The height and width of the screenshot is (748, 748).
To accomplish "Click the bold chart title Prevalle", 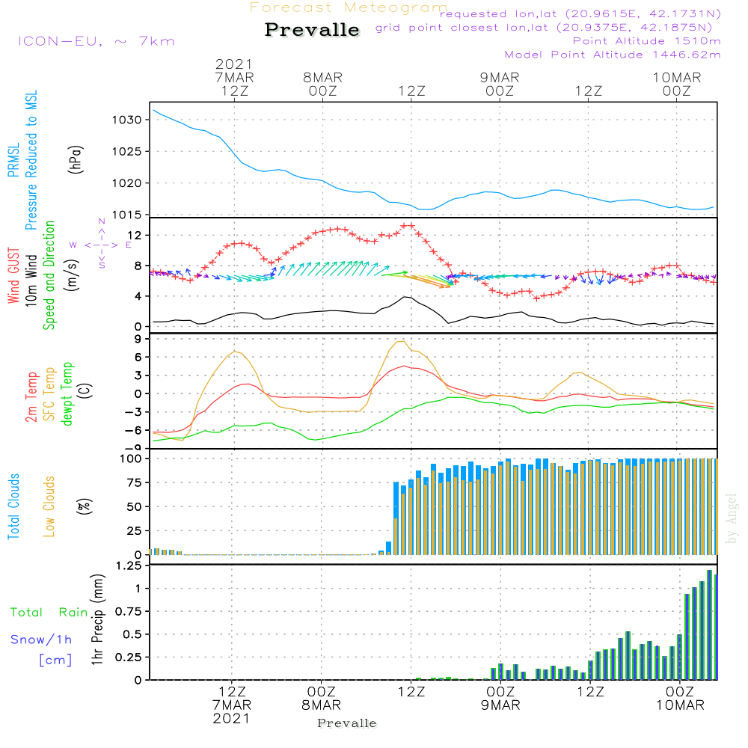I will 312,31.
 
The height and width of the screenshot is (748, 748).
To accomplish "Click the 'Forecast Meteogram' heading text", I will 349,7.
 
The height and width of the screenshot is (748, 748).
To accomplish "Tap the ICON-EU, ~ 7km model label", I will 96,41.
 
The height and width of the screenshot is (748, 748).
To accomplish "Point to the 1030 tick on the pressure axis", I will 126,120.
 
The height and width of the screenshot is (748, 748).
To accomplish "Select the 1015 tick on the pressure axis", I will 126,215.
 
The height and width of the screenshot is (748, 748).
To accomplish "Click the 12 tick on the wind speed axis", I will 135,236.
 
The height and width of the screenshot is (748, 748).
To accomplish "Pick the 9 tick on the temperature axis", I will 138,339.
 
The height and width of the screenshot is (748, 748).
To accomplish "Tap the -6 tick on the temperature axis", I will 135,430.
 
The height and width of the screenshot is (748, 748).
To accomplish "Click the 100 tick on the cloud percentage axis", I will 131,459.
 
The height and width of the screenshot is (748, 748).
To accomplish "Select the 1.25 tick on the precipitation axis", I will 128,565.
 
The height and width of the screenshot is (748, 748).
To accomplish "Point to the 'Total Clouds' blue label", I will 13,506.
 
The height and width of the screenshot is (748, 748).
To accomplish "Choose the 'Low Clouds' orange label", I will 49,506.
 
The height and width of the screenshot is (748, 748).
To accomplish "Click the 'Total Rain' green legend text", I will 49,613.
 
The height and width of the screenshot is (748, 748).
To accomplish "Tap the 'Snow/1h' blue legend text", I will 42,640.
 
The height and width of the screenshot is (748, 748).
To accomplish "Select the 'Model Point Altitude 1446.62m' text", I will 612,55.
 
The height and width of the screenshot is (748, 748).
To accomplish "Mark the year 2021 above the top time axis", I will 234,64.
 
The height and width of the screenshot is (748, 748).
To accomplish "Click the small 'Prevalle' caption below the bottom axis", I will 347,723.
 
